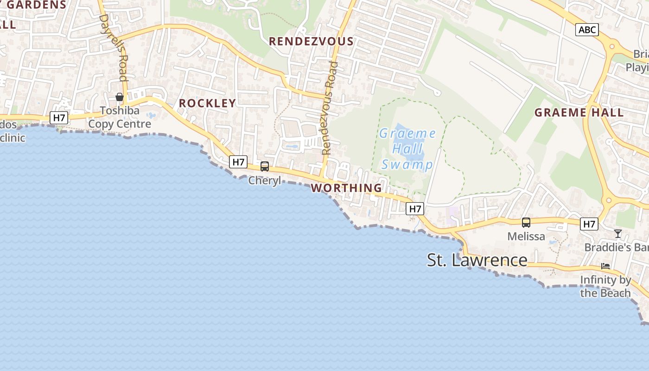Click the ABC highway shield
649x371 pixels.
[587, 30]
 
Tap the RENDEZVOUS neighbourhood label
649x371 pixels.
[311, 41]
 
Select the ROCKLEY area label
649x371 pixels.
[207, 103]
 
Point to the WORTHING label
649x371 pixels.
[346, 188]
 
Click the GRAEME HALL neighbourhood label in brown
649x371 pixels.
[579, 112]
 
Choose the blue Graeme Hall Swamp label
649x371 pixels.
[407, 149]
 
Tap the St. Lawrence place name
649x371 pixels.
[477, 260]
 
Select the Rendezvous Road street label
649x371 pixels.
[329, 108]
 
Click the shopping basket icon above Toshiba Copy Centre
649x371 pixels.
[120, 97]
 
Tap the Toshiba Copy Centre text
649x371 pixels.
[120, 118]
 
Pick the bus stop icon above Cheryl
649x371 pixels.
[265, 166]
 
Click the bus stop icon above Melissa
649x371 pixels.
[526, 222]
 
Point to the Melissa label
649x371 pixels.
[526, 236]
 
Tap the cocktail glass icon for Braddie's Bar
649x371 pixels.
[617, 233]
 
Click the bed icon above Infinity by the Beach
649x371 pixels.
[605, 266]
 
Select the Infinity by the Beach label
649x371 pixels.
[605, 287]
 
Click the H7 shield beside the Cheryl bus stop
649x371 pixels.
[238, 162]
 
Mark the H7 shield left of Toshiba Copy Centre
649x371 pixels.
[59, 118]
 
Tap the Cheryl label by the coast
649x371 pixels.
[265, 180]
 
